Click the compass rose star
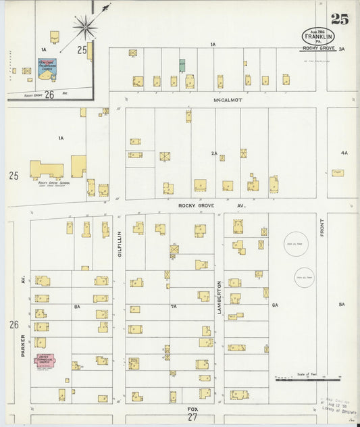coord(86,28)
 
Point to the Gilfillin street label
coord(119,241)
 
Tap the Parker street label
coord(22,344)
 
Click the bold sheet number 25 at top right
coord(340,19)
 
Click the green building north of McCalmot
coord(182,66)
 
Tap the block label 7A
coord(174,306)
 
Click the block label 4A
coord(344,153)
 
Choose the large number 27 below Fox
coord(193,420)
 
